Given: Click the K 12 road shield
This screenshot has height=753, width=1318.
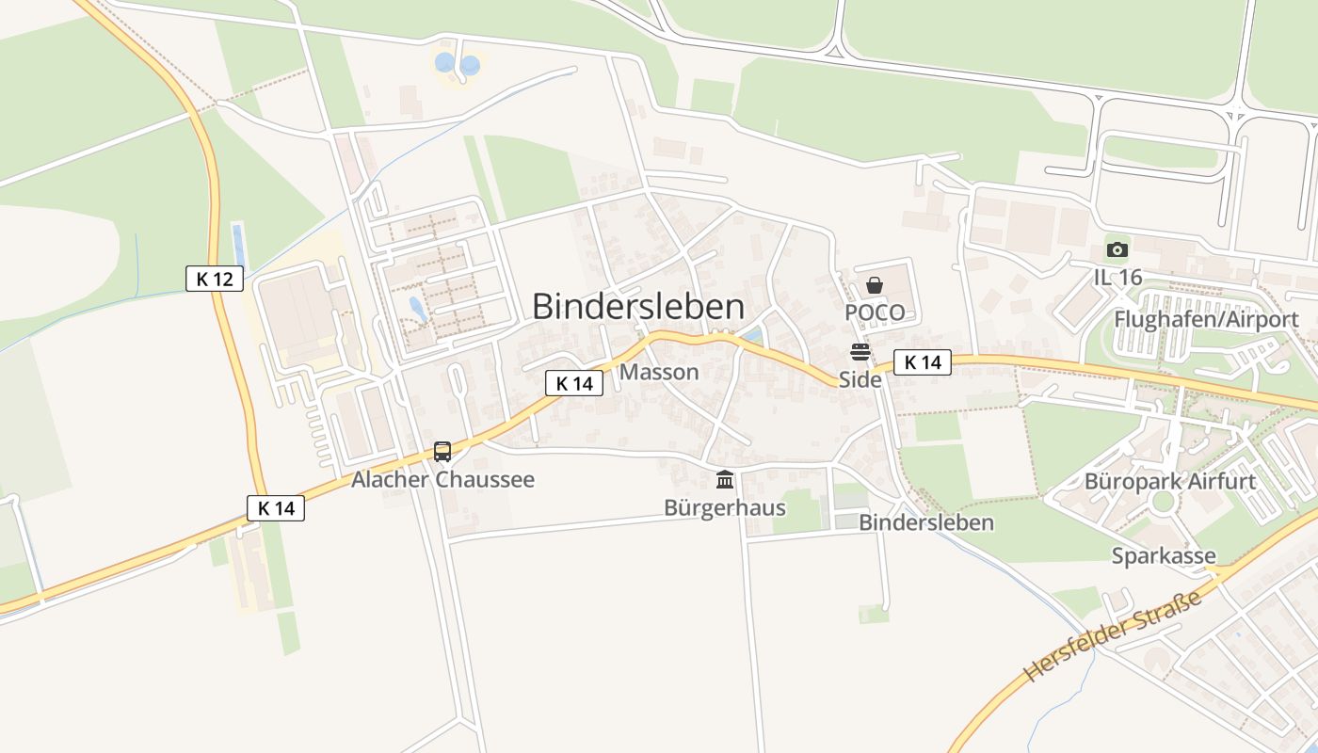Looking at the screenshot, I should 215,279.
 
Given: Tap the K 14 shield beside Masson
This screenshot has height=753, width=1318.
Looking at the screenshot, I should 573,383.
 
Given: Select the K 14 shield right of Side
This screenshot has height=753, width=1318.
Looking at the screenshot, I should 922,362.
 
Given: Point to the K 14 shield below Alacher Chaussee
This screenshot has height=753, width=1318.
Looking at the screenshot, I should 276,508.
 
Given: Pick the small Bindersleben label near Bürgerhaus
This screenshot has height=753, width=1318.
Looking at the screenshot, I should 926,522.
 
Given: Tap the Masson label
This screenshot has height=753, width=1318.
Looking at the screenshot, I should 659,372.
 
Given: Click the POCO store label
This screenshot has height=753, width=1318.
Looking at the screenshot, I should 875,312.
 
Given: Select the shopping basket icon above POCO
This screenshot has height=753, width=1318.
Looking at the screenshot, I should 875,285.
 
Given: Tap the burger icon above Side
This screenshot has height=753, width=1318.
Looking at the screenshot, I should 860,353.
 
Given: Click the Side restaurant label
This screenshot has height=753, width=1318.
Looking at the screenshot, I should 860,379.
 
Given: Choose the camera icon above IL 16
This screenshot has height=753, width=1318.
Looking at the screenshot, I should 1117,249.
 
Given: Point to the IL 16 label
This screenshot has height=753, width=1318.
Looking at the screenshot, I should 1117,277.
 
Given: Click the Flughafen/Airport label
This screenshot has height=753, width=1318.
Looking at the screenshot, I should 1206,319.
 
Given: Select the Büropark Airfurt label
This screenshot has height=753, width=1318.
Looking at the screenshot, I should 1170,482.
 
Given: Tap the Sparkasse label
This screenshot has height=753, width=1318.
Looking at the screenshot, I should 1164,555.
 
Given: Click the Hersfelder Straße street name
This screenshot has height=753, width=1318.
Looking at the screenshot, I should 1114,636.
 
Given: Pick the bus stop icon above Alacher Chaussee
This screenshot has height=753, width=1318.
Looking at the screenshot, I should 442,452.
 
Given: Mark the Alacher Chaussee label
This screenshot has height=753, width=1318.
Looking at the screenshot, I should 442,479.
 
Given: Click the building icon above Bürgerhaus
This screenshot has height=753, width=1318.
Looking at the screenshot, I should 725,480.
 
